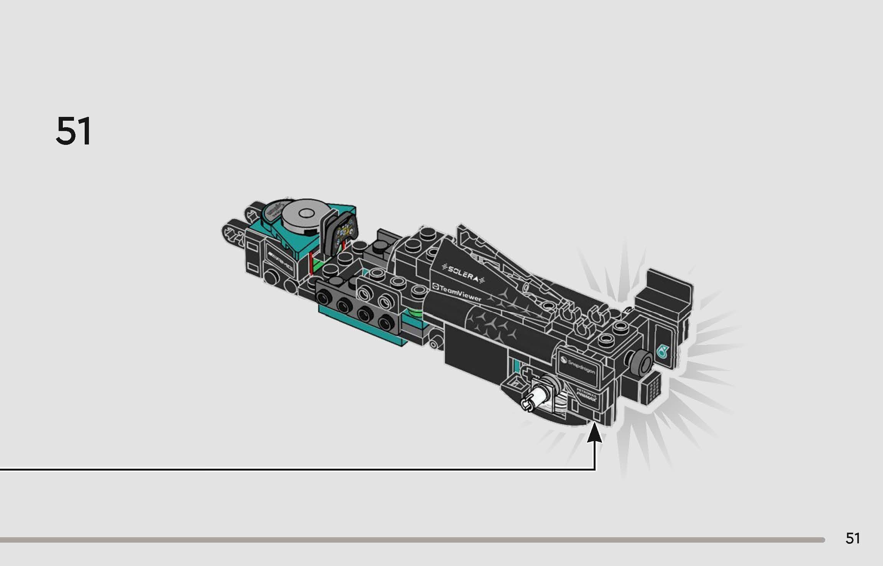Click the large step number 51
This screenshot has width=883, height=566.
(74, 131)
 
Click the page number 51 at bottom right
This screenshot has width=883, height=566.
(853, 538)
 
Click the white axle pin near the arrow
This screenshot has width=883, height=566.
(536, 401)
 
